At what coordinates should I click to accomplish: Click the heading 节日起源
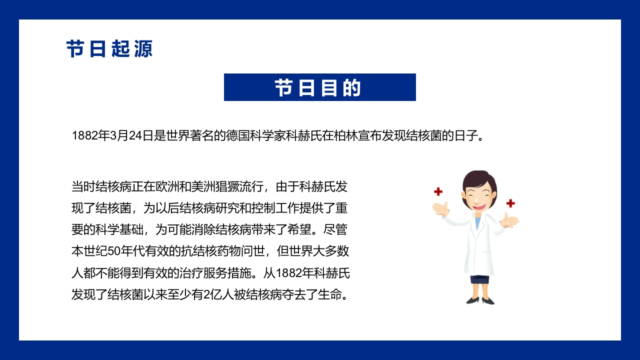tap(109, 49)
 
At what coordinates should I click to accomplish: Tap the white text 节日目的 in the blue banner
tap(318, 87)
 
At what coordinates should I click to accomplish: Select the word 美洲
tap(203, 187)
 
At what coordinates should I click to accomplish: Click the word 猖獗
tap(227, 187)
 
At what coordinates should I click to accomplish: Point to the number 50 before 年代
tap(114, 251)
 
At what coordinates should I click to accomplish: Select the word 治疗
tap(191, 273)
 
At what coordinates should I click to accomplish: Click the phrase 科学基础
tap(119, 229)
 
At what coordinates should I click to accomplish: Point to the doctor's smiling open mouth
tap(479, 206)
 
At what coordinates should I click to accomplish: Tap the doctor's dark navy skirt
tap(479, 279)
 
